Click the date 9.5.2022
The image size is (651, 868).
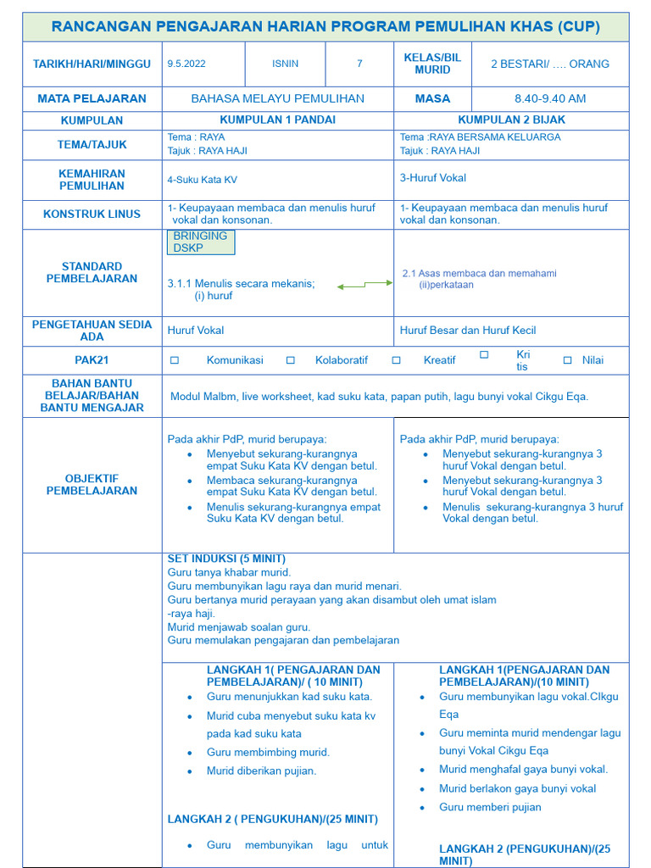[186, 64]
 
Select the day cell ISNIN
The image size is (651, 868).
[285, 64]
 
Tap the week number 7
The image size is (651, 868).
[359, 64]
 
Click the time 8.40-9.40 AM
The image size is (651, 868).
[549, 98]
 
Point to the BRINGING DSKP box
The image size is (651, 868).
[201, 242]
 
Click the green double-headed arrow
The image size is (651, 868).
[364, 285]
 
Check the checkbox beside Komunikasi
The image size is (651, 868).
[175, 360]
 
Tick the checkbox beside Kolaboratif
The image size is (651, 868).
[290, 360]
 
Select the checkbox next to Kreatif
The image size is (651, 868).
[396, 360]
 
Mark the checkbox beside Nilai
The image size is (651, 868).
[568, 360]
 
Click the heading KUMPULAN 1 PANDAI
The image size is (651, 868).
[277, 120]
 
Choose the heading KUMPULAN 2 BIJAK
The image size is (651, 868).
[511, 120]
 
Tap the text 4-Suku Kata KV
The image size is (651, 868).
[202, 180]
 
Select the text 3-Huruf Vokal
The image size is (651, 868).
[432, 178]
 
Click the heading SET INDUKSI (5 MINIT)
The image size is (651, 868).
[226, 559]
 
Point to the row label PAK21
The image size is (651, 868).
[92, 360]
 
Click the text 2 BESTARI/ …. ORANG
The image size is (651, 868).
[549, 64]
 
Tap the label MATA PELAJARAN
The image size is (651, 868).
[92, 98]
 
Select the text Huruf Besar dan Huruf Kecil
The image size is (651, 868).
[468, 331]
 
